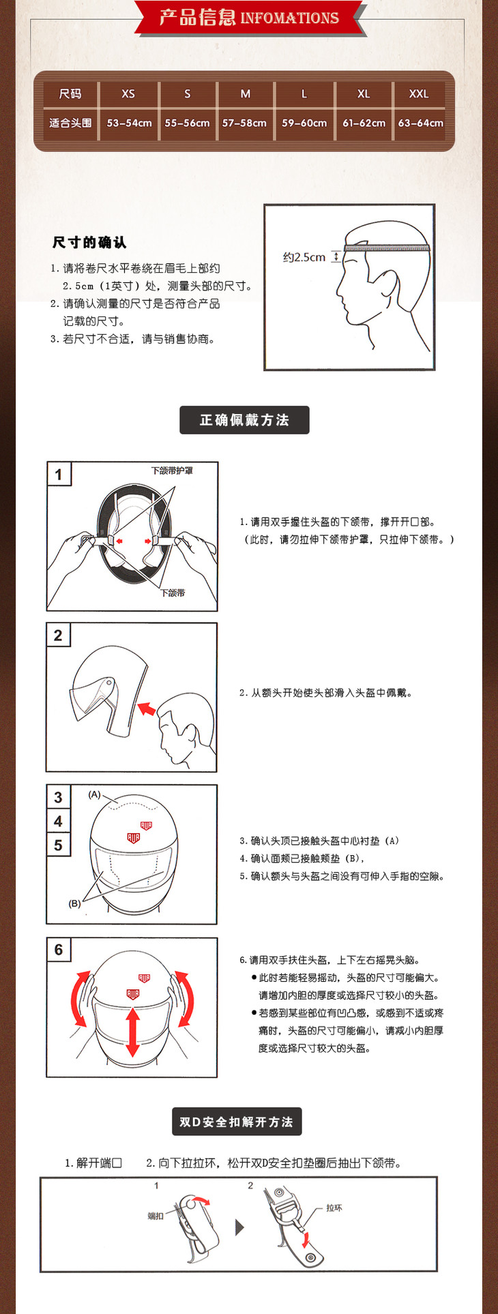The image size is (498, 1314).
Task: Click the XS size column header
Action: coord(128,94)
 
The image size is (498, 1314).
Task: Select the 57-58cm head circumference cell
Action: coord(244,123)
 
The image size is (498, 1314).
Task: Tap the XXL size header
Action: coord(419,94)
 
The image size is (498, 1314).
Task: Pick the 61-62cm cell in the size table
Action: coord(364,123)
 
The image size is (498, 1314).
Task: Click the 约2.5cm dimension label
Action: coord(304,257)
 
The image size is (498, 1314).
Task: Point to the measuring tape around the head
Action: coord(387,248)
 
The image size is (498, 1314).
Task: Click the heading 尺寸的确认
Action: coord(89,242)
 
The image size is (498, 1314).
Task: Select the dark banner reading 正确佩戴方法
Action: coord(244,420)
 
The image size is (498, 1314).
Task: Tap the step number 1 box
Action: coord(59,475)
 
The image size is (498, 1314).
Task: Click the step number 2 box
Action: coord(58,636)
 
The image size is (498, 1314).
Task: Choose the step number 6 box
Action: coord(59,950)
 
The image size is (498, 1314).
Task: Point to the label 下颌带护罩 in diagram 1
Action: coord(172,471)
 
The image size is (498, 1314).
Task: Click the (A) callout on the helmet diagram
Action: coord(95,794)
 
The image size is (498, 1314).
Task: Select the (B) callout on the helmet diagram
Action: coord(74,904)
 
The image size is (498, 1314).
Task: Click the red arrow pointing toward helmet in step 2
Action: coord(146,709)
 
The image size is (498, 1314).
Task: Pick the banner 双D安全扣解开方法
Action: coord(236,1122)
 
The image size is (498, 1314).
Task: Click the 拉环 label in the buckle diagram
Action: coord(334,1208)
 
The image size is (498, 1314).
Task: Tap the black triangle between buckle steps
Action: coord(239,1227)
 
